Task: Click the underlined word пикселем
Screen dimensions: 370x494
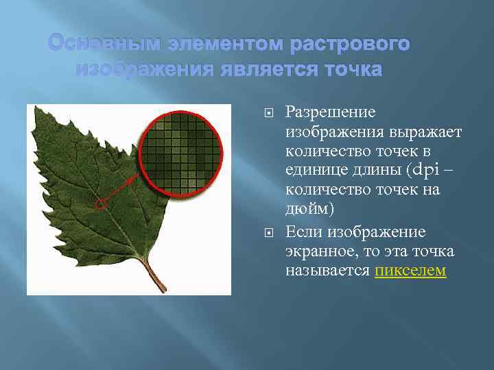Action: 410,271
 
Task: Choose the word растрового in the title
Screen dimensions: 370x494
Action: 350,45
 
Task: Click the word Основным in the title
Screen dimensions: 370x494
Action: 96,45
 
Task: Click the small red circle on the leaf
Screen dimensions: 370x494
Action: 102,203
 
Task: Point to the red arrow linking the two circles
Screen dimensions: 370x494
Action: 123,188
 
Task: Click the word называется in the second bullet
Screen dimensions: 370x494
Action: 328,271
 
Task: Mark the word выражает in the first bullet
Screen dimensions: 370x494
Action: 423,132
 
